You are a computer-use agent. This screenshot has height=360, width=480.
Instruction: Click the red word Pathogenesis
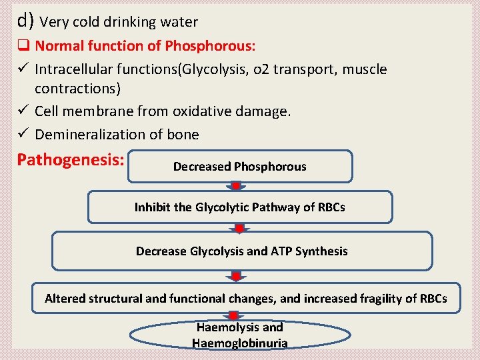pos(71,160)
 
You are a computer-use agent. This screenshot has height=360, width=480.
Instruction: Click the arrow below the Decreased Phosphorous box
pos(236,187)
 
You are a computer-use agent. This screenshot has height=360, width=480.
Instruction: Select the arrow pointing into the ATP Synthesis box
pos(239,228)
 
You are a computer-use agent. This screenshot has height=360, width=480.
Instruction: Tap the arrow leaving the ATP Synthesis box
pos(236,276)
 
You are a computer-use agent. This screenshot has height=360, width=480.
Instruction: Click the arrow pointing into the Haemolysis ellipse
pos(233,315)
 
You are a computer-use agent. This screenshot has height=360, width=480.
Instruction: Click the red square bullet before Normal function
pos(23,45)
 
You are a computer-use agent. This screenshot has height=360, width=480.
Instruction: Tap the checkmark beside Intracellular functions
pos(23,67)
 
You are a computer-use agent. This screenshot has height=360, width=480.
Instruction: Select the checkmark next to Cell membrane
pos(23,109)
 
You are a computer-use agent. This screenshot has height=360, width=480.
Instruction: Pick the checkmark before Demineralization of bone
pos(23,132)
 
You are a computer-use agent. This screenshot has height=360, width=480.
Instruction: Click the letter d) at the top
pos(25,21)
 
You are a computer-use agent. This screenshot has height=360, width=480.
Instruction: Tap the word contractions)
pos(78,89)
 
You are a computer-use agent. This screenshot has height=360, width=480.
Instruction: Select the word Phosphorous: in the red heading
pos(210,46)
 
